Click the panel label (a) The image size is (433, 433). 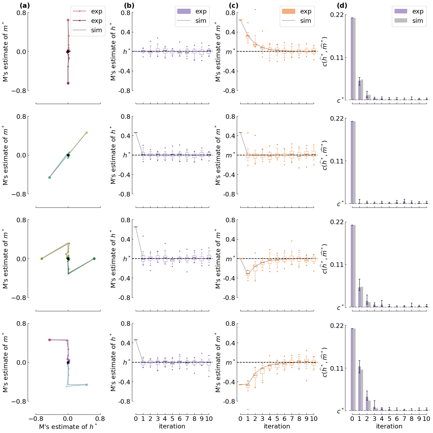coord(25,6)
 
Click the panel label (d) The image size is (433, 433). coord(342,6)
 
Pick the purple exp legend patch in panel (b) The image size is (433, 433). coord(184,11)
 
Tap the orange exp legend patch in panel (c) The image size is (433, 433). coord(288,11)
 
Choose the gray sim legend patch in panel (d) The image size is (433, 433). coord(401,21)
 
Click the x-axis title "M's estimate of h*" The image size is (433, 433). coord(68,427)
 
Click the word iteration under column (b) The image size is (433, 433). coord(172,426)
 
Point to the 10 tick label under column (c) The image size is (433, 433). coord(314,419)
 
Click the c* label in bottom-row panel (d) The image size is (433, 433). coord(340,411)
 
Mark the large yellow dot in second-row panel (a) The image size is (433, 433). coord(87,133)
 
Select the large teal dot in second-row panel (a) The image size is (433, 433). coord(49,177)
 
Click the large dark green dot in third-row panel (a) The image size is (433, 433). coord(94,259)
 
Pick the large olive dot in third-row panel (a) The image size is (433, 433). coord(42,259)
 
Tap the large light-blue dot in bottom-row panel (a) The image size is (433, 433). coord(87,385)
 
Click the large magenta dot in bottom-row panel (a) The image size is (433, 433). coord(49,340)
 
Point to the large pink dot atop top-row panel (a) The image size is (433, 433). coord(68,20)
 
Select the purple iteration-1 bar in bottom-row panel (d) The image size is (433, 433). coord(359,388)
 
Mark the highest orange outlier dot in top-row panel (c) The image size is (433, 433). coord(255,10)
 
